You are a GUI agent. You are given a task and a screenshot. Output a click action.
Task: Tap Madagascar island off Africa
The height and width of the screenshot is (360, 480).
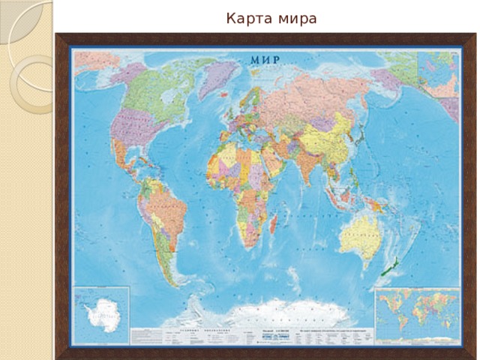tap(274, 222)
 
